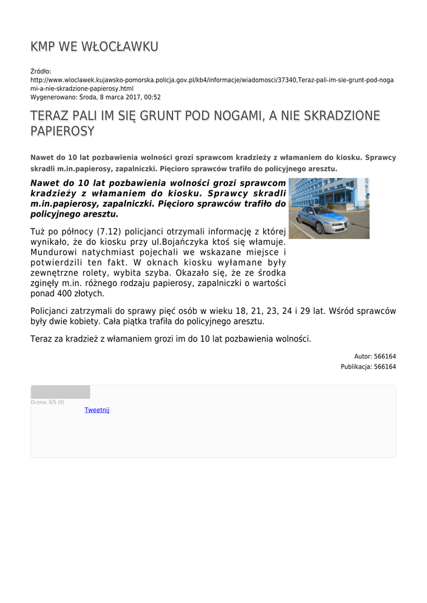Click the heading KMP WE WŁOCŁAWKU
94,47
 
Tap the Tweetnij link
97,410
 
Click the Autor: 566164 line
375,356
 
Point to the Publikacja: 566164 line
368,366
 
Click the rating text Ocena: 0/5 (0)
48,402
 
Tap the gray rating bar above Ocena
60,392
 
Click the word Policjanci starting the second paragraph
54,310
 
